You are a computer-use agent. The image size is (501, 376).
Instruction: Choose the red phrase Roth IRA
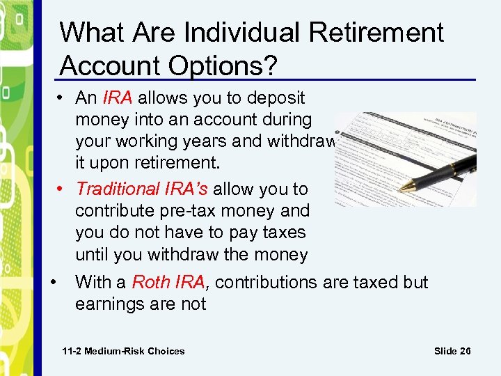(x=168, y=282)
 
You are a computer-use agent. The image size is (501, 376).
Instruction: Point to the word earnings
(x=108, y=304)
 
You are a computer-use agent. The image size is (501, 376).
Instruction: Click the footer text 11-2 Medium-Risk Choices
(x=123, y=351)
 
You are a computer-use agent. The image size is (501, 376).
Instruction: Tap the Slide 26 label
(x=452, y=351)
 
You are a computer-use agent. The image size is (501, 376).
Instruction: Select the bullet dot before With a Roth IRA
(x=54, y=282)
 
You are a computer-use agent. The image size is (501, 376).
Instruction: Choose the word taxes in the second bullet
(x=281, y=233)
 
